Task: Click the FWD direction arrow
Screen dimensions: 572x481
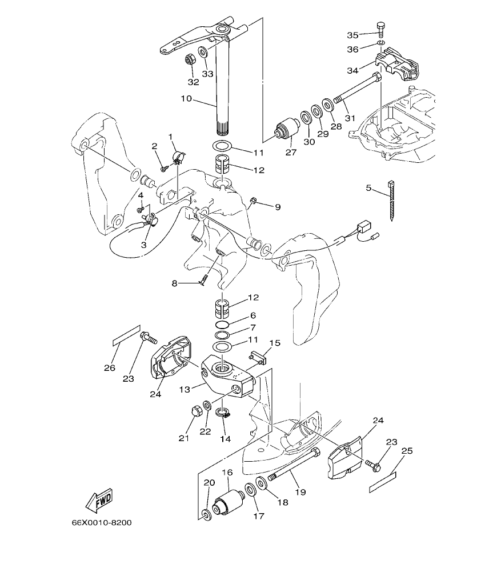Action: [99, 499]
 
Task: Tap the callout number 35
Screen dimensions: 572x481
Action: [353, 35]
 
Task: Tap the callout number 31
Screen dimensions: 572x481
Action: [350, 118]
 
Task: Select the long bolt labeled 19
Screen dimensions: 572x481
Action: [294, 464]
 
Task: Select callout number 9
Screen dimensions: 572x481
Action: [278, 207]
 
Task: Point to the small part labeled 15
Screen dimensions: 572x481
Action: [258, 358]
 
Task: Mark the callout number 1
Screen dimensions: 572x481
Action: [170, 136]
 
